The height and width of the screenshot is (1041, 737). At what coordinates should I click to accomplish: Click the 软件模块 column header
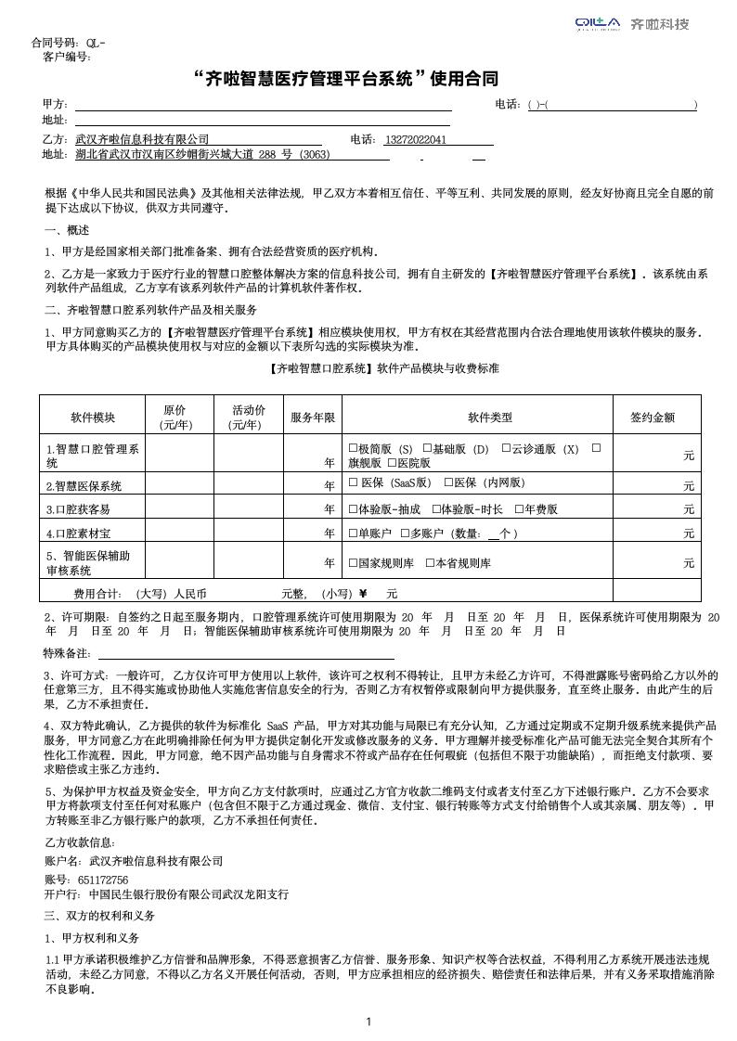92,418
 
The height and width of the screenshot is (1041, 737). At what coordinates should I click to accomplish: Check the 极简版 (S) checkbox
353,448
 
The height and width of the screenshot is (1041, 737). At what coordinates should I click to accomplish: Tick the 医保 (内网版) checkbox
448,482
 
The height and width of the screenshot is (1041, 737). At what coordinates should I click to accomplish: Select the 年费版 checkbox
519,508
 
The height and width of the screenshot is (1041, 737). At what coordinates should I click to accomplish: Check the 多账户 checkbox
405,533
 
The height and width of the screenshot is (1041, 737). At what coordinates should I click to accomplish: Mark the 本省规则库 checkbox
430,562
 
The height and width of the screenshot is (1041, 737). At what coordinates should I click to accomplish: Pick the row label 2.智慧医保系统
84,484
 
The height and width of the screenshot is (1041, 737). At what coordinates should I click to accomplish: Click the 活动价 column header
248,418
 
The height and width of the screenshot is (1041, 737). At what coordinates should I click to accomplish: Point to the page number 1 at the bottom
368,1022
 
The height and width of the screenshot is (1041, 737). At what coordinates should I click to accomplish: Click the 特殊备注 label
68,653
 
